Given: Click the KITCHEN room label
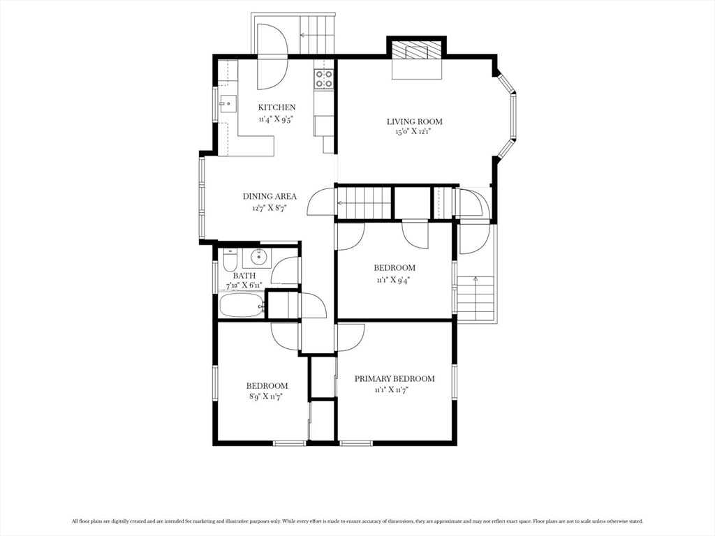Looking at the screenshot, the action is pos(277,107).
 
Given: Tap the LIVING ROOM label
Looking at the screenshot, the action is pos(415,121).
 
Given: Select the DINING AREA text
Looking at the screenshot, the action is pos(270,196).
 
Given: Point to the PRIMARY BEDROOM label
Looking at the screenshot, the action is pos(395,379).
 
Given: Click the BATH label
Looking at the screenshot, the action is pos(244,276).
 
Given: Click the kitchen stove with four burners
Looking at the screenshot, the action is pos(323,78).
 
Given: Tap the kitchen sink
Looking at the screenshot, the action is pos(228,103).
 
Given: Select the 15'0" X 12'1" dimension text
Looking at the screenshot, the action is pos(413,133).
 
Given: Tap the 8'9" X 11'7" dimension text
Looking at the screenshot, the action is pos(267,396).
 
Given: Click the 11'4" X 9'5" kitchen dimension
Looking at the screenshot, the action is pos(275,119).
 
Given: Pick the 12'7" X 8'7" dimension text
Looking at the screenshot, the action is pos(269,208).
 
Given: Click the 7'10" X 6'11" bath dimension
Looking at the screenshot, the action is pos(244,285).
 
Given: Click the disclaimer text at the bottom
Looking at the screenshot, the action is pos(357,521).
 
